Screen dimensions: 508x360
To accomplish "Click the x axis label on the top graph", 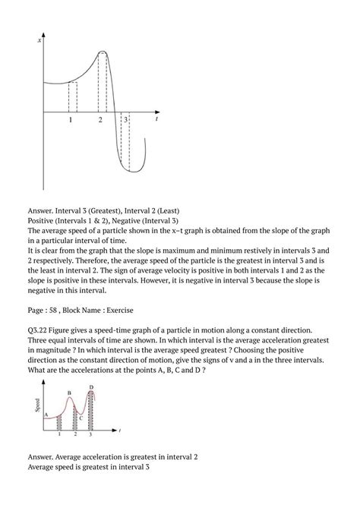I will pos(39,39).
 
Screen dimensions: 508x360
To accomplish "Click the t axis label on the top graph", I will pos(156,119).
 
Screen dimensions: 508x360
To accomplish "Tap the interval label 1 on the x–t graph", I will pos(70,120).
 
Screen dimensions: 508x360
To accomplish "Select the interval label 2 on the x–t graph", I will pos(99,120).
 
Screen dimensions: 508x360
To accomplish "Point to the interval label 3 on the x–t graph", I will pos(125,120).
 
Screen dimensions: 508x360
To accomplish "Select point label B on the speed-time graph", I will pos(69,393).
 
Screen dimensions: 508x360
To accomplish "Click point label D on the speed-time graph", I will pos(91,387).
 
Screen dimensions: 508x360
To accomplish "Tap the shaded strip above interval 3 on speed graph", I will pos(91,410).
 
